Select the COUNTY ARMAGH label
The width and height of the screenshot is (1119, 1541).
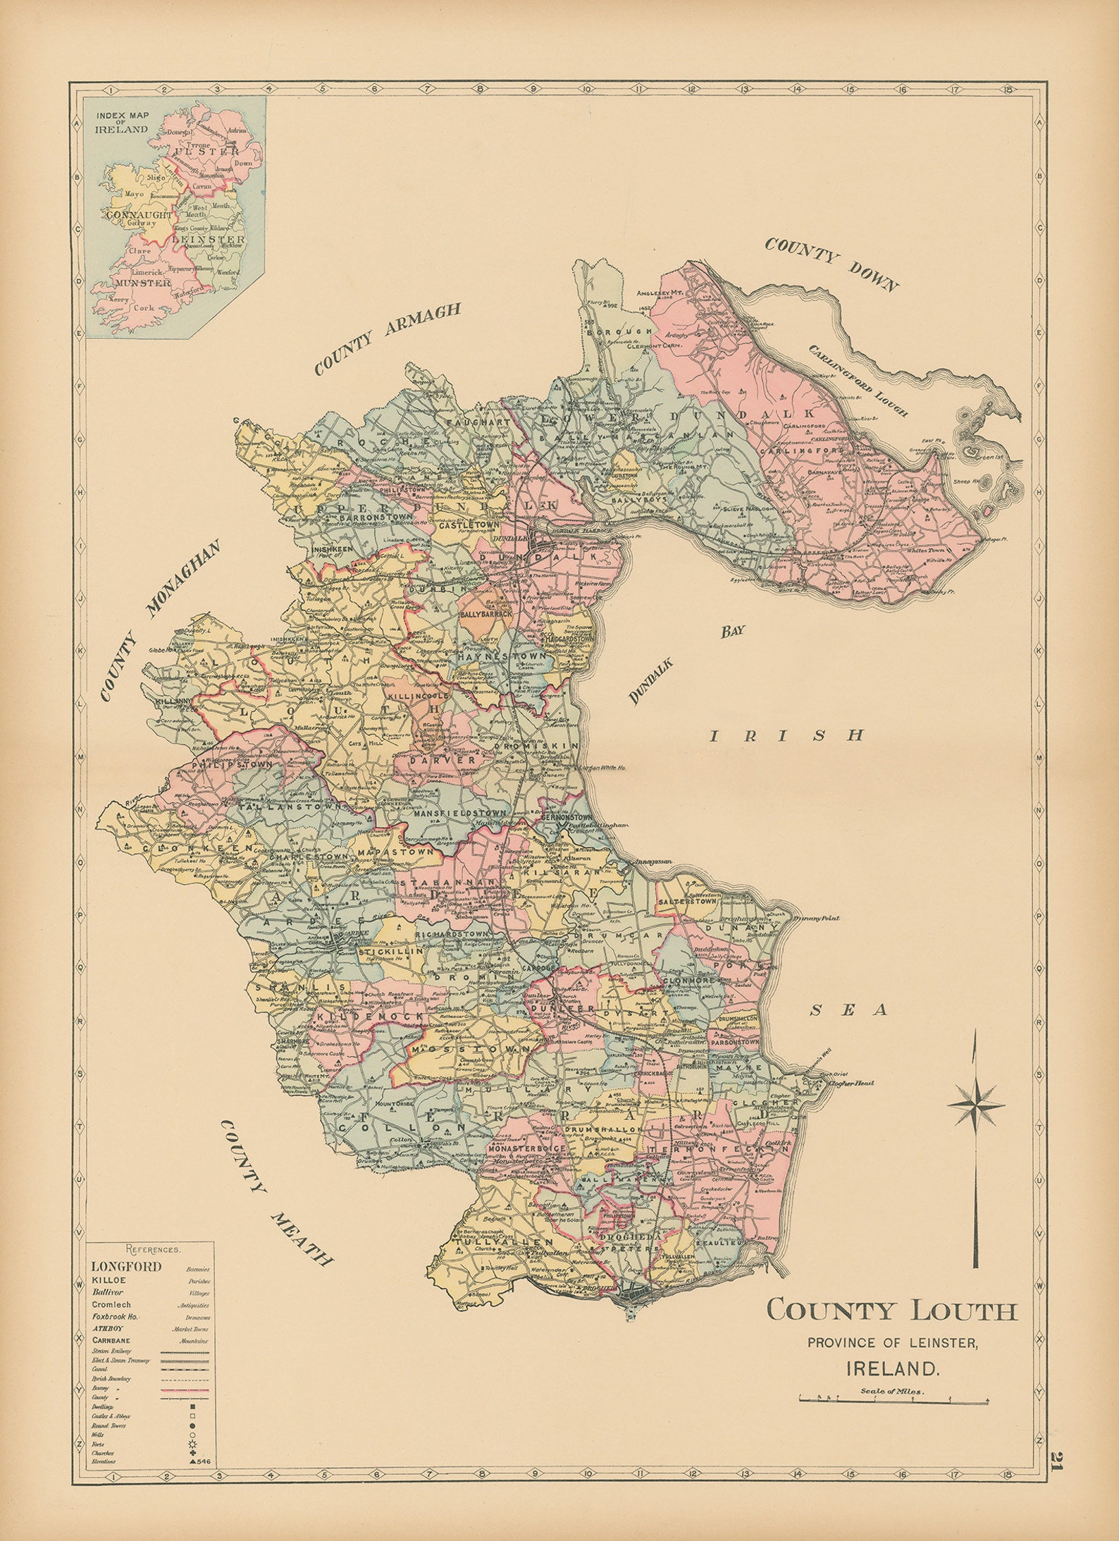coord(388,338)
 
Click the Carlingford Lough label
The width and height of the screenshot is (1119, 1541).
coord(858,381)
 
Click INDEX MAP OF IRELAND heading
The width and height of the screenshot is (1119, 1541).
coord(123,124)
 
